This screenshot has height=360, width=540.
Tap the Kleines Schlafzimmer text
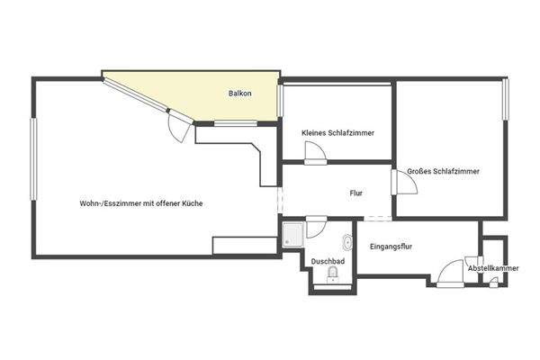click(337, 133)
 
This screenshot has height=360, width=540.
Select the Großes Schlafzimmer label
click(442, 171)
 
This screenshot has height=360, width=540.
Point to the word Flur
click(355, 193)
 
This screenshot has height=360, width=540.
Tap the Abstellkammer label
click(493, 268)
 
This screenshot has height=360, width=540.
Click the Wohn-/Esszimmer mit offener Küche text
click(140, 203)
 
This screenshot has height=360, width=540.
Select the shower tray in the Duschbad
click(292, 236)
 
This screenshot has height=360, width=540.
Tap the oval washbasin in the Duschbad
click(347, 242)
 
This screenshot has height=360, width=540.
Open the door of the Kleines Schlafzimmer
click(317, 154)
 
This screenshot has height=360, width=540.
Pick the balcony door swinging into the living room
click(181, 128)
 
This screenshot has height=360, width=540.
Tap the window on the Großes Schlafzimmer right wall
click(506, 104)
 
